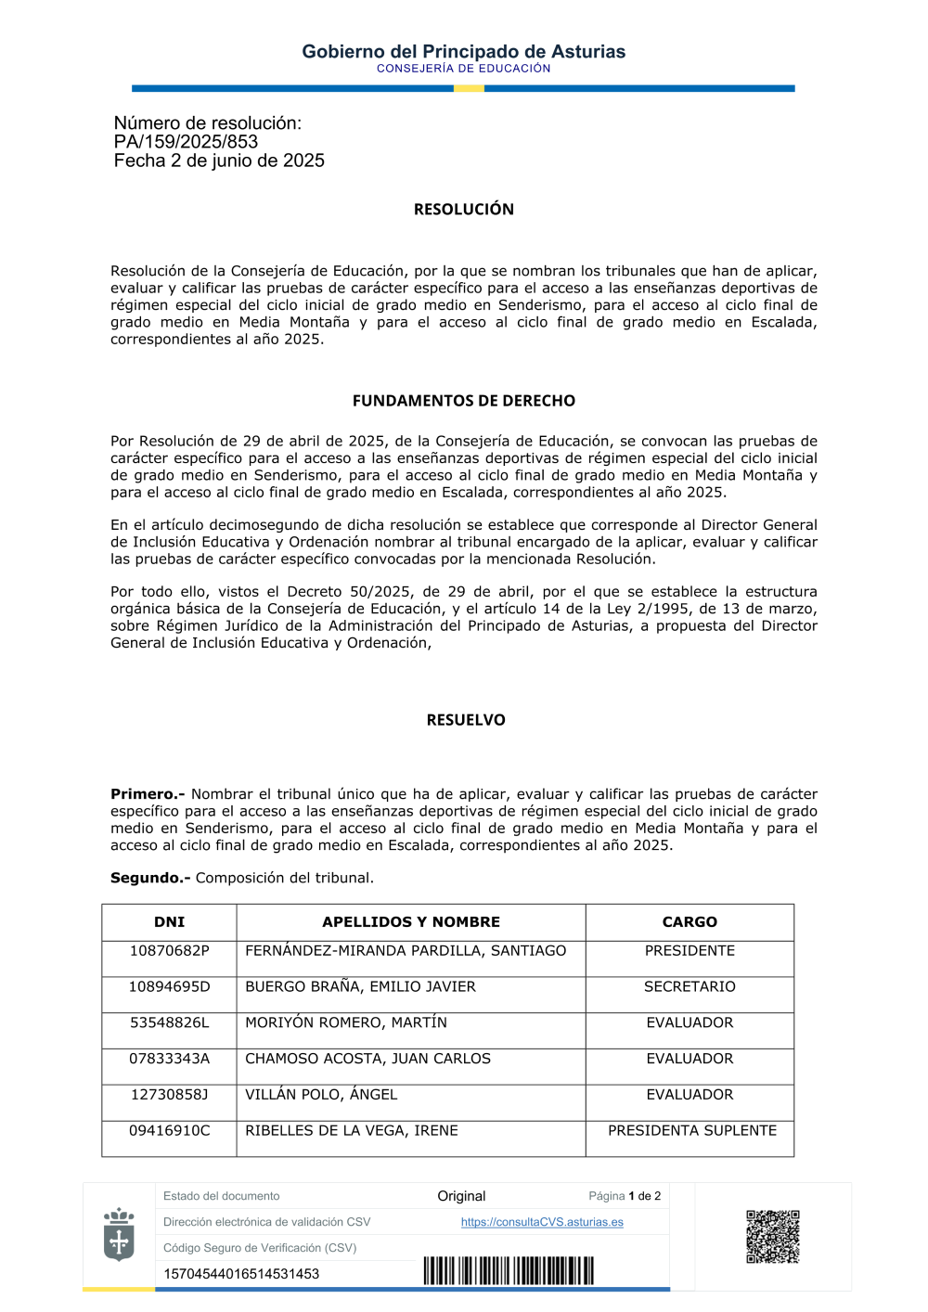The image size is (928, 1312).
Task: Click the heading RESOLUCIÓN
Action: click(x=464, y=210)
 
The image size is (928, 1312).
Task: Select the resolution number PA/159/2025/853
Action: click(x=186, y=142)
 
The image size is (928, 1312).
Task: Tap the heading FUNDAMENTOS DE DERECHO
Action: click(x=464, y=401)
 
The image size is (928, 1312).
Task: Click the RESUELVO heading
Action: click(x=466, y=720)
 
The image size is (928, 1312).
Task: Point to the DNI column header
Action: click(x=169, y=922)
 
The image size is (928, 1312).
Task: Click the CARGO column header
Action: click(x=690, y=922)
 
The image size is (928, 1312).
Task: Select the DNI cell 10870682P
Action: click(x=169, y=951)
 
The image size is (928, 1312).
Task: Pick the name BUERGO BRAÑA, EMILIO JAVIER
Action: click(x=360, y=987)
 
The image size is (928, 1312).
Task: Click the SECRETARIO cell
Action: click(x=690, y=987)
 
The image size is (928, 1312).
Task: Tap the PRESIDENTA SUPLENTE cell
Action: click(x=692, y=1131)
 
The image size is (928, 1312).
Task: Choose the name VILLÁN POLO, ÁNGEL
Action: click(x=321, y=1095)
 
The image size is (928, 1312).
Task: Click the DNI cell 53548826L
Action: click(x=169, y=1023)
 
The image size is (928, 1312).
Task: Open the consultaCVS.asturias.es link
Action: click(x=542, y=1223)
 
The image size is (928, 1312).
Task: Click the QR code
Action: click(x=772, y=1237)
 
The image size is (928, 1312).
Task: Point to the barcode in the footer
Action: click(x=509, y=1271)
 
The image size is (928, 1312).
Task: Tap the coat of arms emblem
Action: click(x=119, y=1235)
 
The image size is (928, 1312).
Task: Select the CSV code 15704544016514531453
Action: click(x=241, y=1274)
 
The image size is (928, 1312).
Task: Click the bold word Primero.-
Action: click(x=148, y=794)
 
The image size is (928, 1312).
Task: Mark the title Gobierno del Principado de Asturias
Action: click(x=464, y=52)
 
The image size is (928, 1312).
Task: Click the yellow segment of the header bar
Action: click(x=469, y=89)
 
